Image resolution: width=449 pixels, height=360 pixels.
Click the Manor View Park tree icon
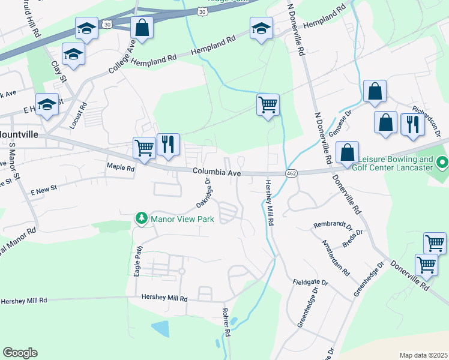(142, 218)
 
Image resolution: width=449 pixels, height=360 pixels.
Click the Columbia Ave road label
(217, 172)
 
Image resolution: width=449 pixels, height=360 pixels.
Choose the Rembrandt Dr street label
(332, 226)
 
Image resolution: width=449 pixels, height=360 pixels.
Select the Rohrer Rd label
(227, 323)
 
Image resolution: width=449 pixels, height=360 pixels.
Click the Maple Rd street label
(121, 168)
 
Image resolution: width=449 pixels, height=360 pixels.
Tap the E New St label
(43, 188)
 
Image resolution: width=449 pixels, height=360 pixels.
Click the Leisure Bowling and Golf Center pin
(443, 163)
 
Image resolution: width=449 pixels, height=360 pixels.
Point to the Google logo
(20, 353)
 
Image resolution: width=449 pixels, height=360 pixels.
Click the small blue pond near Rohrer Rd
(160, 328)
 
